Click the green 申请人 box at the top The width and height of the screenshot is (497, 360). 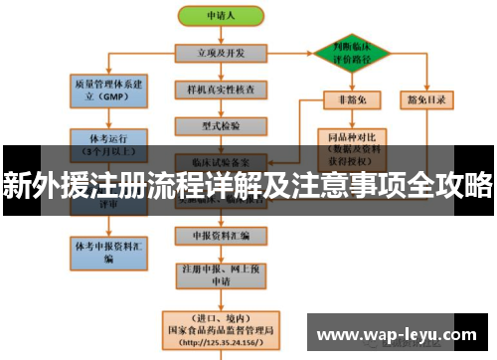(x=222, y=17)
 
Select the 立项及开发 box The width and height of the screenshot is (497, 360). (x=222, y=52)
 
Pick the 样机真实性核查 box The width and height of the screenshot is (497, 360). (x=222, y=90)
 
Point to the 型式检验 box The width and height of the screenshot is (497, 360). (x=222, y=125)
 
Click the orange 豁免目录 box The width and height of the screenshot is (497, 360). (x=427, y=98)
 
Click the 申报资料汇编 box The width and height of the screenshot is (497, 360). (x=221, y=236)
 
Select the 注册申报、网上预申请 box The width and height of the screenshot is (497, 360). (x=221, y=272)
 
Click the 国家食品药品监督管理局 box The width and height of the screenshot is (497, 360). (x=222, y=329)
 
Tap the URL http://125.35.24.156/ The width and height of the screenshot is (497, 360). (x=222, y=343)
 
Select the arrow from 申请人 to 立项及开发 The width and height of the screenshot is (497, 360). (x=222, y=34)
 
